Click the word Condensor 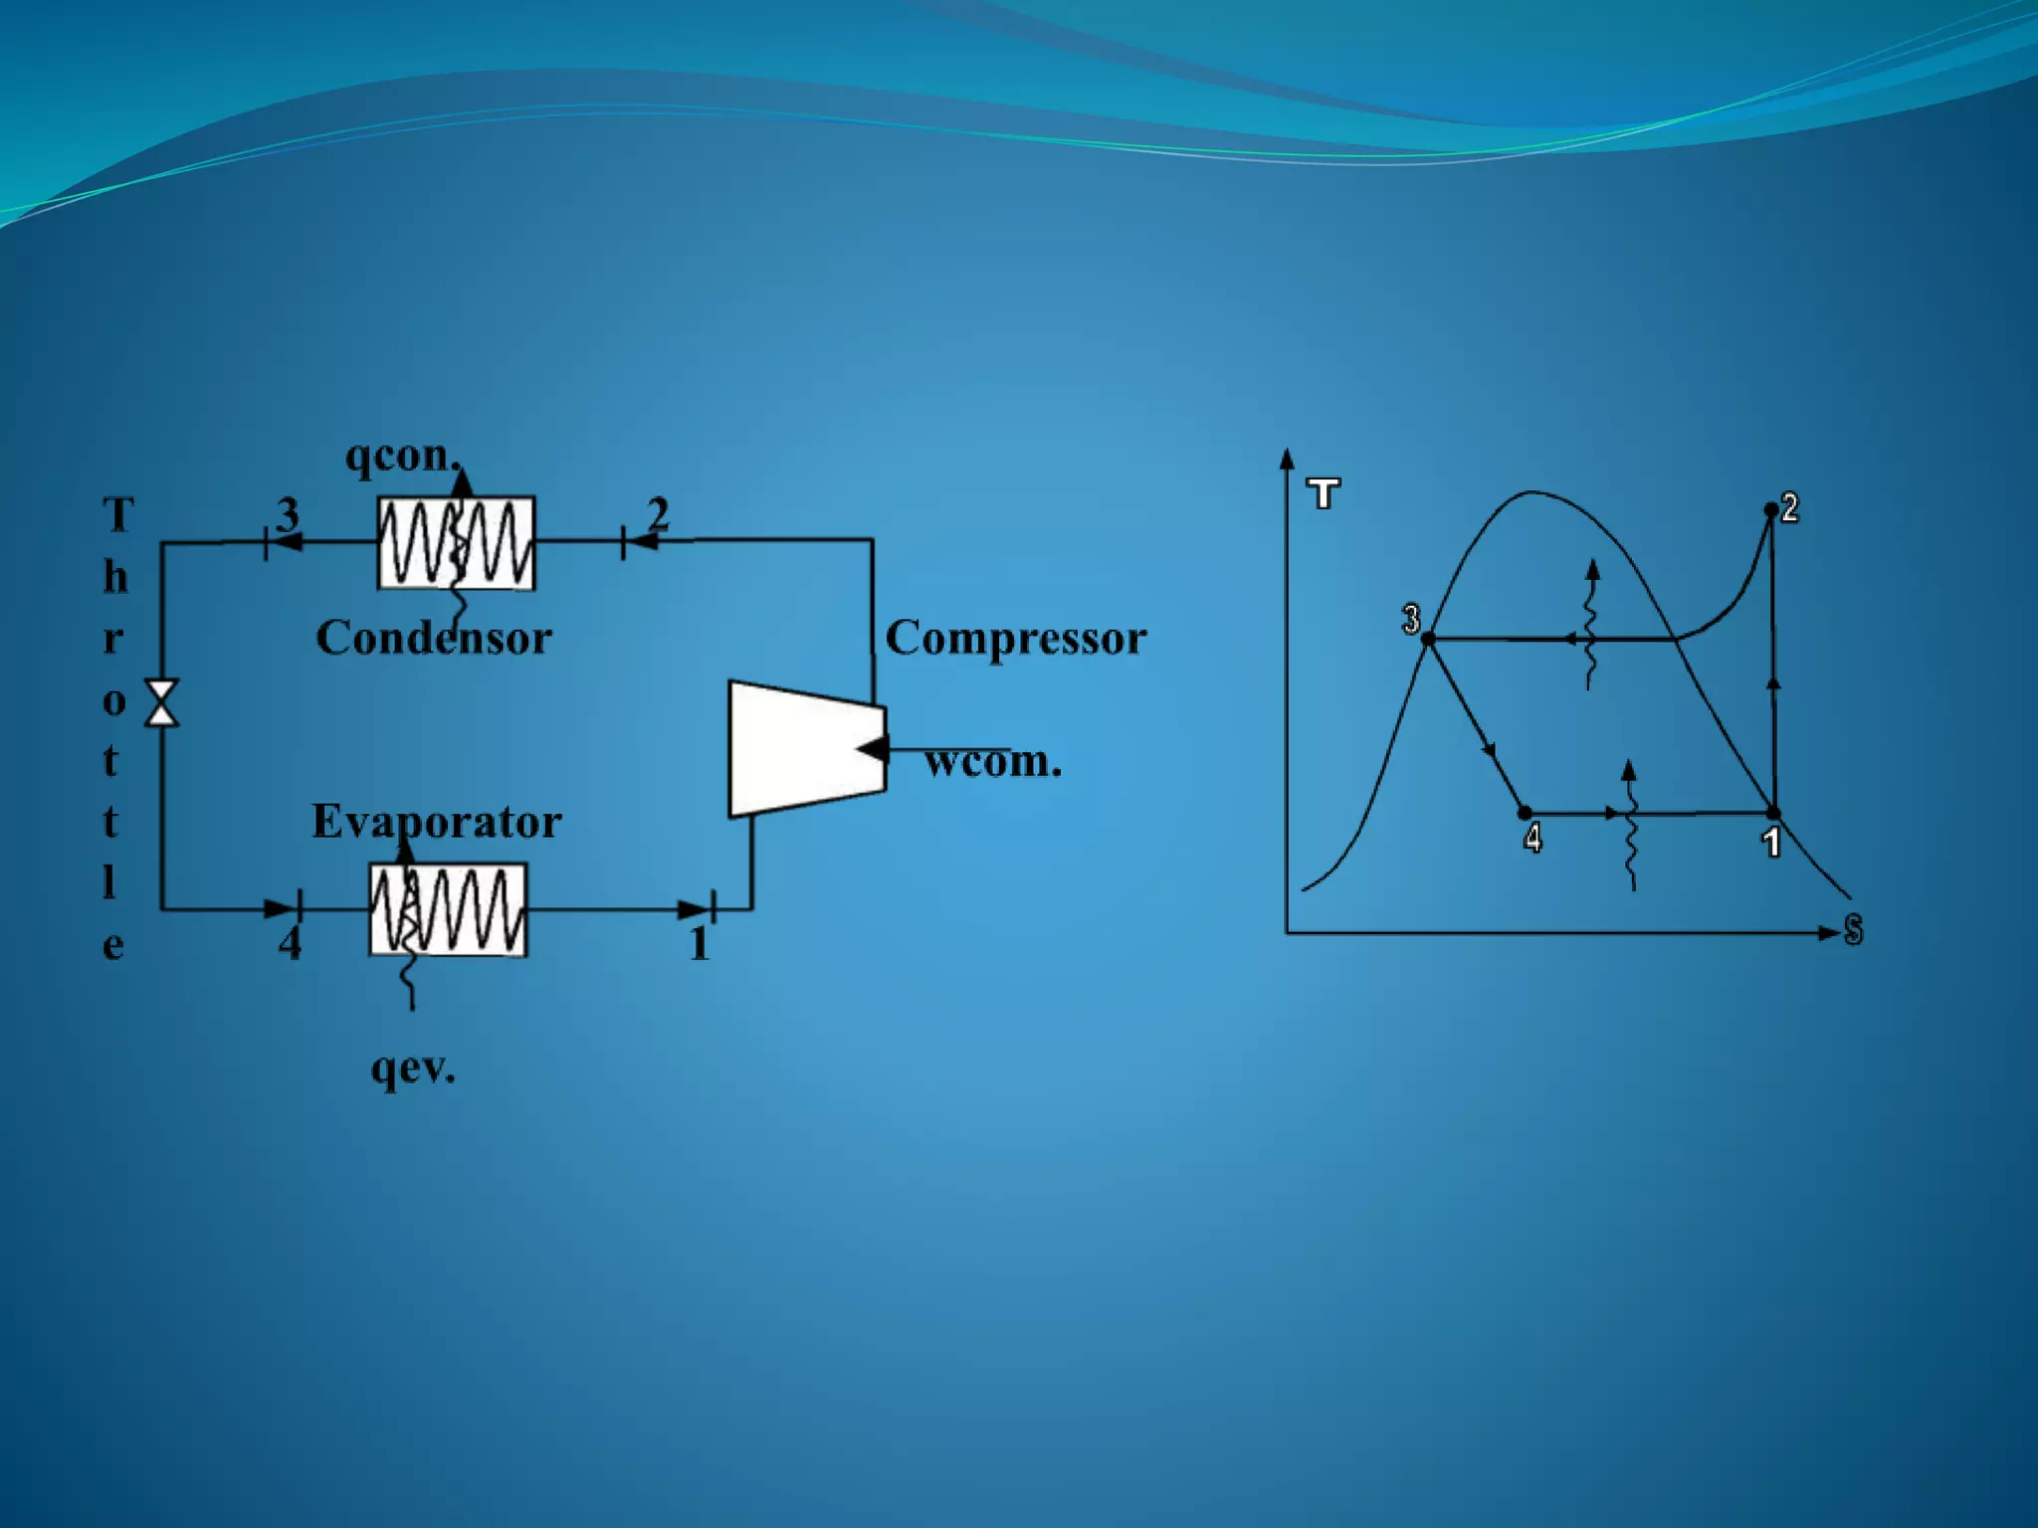point(434,638)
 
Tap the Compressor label point(1015,639)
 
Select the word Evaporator point(436,822)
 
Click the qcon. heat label point(402,456)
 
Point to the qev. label point(412,1067)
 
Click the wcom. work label point(992,762)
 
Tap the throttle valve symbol point(162,702)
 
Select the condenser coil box point(456,543)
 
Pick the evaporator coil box point(448,909)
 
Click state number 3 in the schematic point(288,514)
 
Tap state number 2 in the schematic point(658,513)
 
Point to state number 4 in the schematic point(290,943)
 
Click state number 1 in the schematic point(699,943)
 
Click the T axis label point(1324,493)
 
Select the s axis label point(1852,929)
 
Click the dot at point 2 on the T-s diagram point(1771,509)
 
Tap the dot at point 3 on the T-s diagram point(1428,640)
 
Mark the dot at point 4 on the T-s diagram point(1525,814)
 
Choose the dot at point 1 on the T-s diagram point(1772,814)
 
